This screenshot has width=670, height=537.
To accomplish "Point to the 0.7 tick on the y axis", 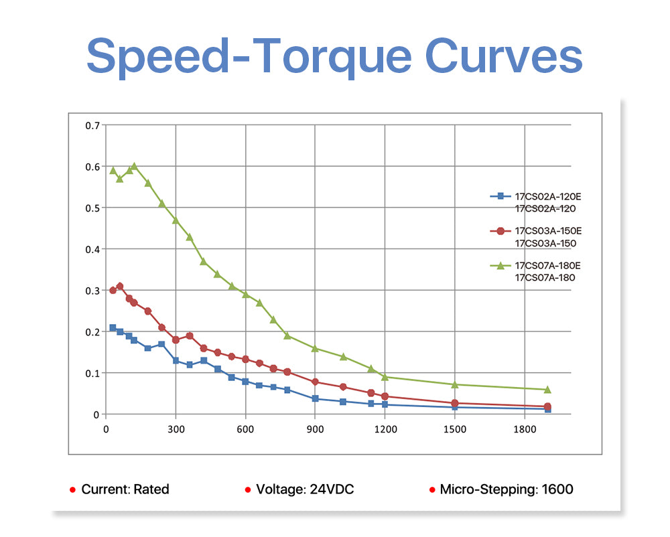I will tap(92, 125).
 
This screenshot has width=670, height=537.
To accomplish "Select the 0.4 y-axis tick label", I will tap(92, 249).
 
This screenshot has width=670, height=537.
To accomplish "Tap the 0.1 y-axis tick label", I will tap(92, 373).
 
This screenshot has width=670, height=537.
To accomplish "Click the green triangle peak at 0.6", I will tap(134, 166).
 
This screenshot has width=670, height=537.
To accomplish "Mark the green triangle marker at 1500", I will tap(455, 384).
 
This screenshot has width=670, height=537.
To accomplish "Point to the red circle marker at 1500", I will tap(455, 403).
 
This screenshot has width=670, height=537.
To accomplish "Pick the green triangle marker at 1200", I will tap(385, 377).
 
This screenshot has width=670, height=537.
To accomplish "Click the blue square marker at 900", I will tap(315, 398).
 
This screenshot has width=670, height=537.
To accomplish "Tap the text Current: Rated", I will tap(125, 489).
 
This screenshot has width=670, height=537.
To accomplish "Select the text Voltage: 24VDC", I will tap(305, 489).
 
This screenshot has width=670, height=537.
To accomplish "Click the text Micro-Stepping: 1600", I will tap(507, 489).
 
